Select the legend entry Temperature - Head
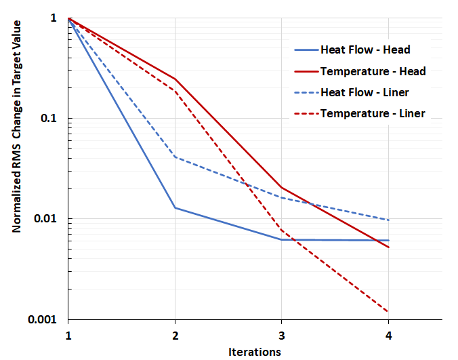point(373,71)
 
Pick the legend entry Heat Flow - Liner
point(365,92)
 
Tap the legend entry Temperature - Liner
point(372,113)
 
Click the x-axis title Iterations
point(254,351)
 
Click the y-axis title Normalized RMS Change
point(16,127)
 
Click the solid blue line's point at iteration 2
point(175,207)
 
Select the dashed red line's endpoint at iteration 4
point(388,312)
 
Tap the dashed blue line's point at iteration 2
point(175,157)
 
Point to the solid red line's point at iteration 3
point(281,188)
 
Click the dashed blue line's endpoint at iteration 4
point(388,220)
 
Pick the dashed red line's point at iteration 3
point(281,231)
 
